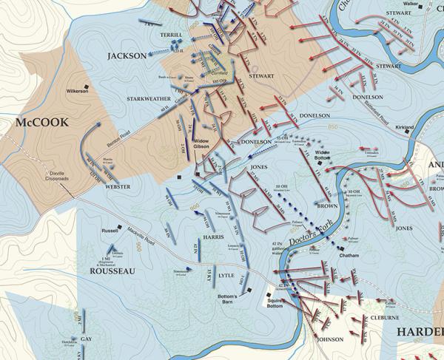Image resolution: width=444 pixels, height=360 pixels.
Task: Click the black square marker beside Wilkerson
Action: click(x=87, y=87)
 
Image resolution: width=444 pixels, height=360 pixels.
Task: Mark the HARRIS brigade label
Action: click(x=212, y=238)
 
